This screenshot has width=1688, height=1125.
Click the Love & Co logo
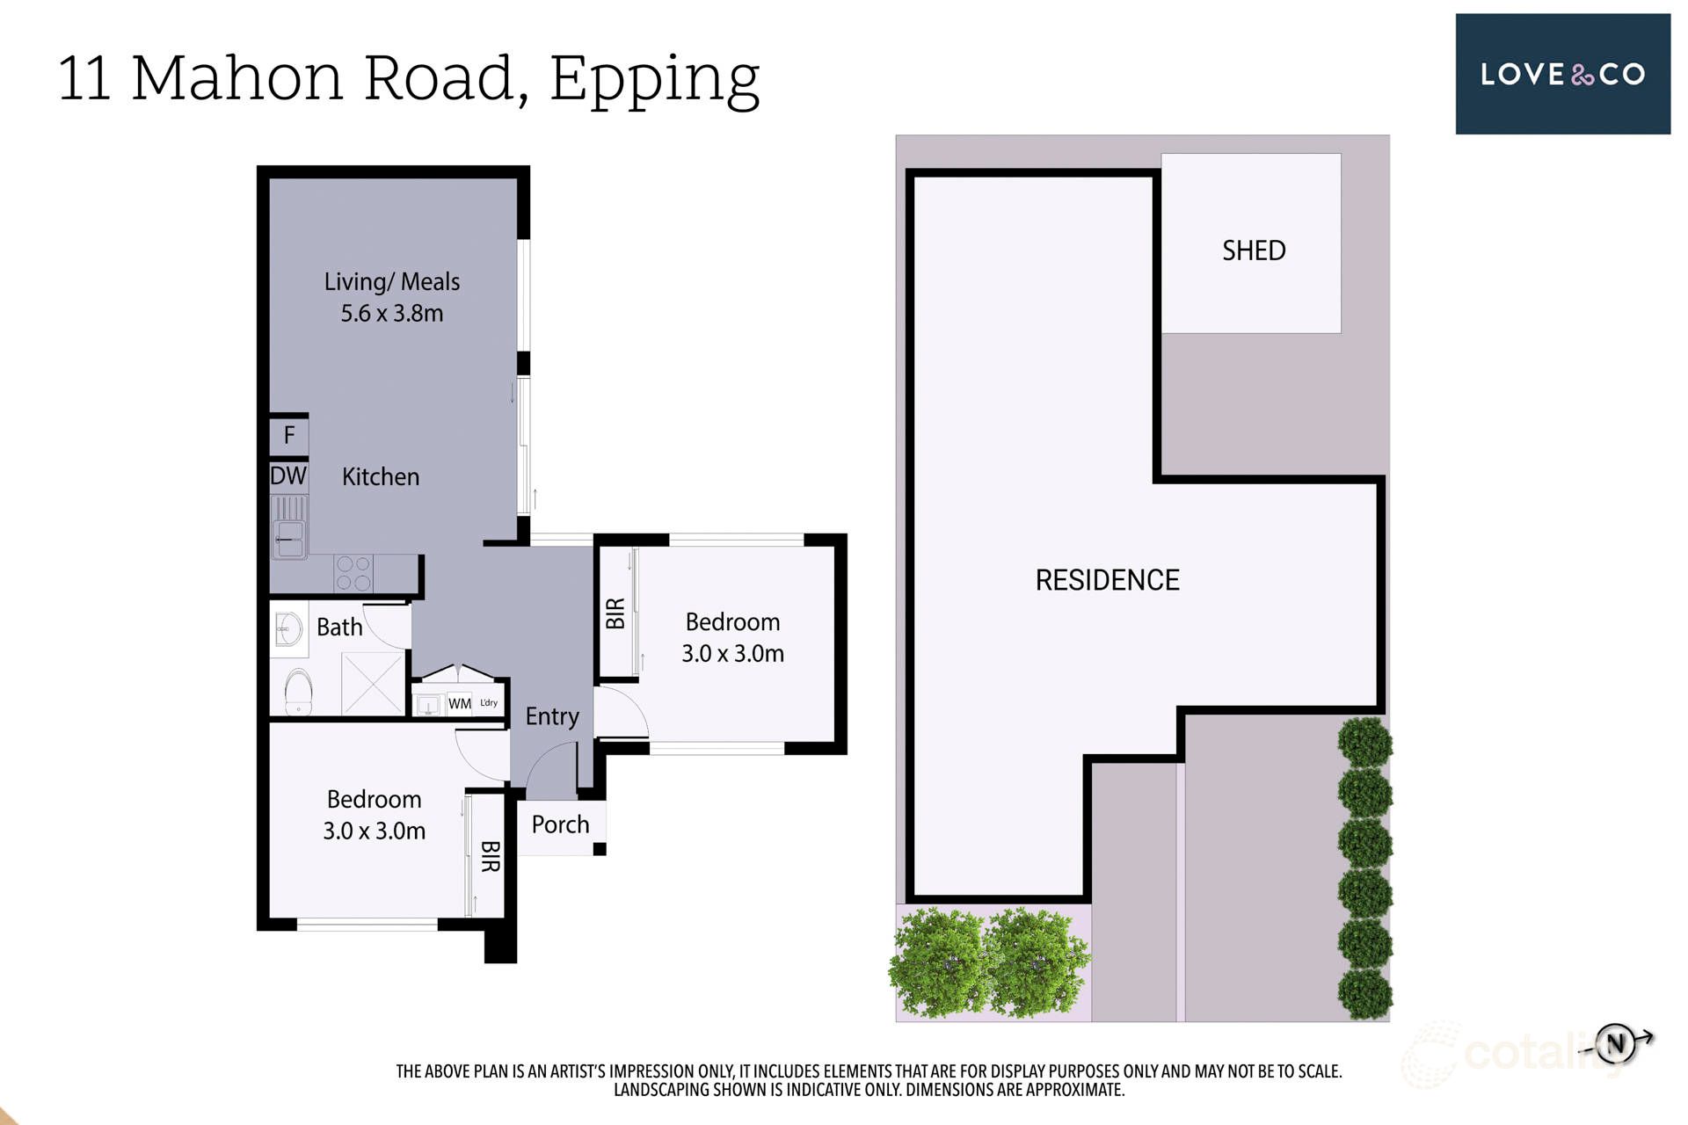coord(1562,74)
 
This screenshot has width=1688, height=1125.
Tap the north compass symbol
coord(1615,1043)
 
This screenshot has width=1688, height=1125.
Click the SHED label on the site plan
coord(1253,250)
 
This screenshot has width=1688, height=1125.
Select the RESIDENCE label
coord(1107,580)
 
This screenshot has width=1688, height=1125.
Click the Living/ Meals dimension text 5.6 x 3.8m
coord(392,313)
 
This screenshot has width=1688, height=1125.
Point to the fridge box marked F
coord(289,435)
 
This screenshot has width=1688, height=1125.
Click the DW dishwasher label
coord(288,475)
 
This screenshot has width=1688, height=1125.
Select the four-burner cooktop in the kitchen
coord(353,573)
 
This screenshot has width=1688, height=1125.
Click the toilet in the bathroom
coord(299,693)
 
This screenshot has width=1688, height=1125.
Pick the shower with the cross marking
coord(372,683)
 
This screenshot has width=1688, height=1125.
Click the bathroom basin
coord(287,628)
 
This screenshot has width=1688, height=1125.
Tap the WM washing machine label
coord(459,703)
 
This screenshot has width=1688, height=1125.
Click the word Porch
coord(560,824)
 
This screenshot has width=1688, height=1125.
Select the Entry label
coord(552,716)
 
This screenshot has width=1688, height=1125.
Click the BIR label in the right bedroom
coord(615,613)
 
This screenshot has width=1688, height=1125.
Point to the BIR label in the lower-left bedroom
coord(490,856)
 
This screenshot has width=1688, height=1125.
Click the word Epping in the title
coord(654,79)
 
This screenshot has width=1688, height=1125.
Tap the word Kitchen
coord(380,476)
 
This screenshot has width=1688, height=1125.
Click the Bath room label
coord(339,627)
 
